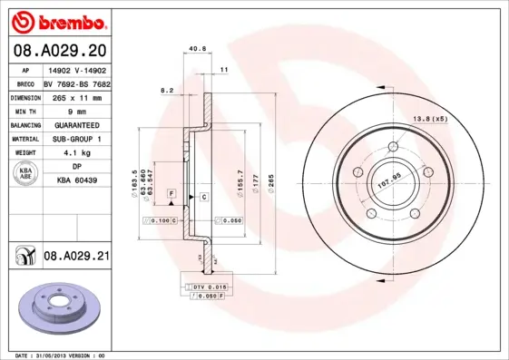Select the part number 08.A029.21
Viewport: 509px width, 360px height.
click(76, 257)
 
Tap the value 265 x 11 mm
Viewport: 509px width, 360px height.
click(77, 96)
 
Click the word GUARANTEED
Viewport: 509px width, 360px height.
click(77, 124)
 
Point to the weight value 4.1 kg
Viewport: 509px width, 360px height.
click(77, 153)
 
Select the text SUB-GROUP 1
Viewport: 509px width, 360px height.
click(77, 139)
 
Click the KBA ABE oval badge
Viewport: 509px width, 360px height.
click(25, 174)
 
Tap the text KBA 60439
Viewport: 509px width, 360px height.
click(77, 180)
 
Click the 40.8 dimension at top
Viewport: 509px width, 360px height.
click(196, 49)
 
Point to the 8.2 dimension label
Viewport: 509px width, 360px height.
click(166, 90)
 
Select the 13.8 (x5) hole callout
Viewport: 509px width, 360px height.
click(431, 119)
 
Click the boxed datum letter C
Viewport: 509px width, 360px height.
click(204, 196)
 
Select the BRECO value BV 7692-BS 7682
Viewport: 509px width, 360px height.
click(77, 82)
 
